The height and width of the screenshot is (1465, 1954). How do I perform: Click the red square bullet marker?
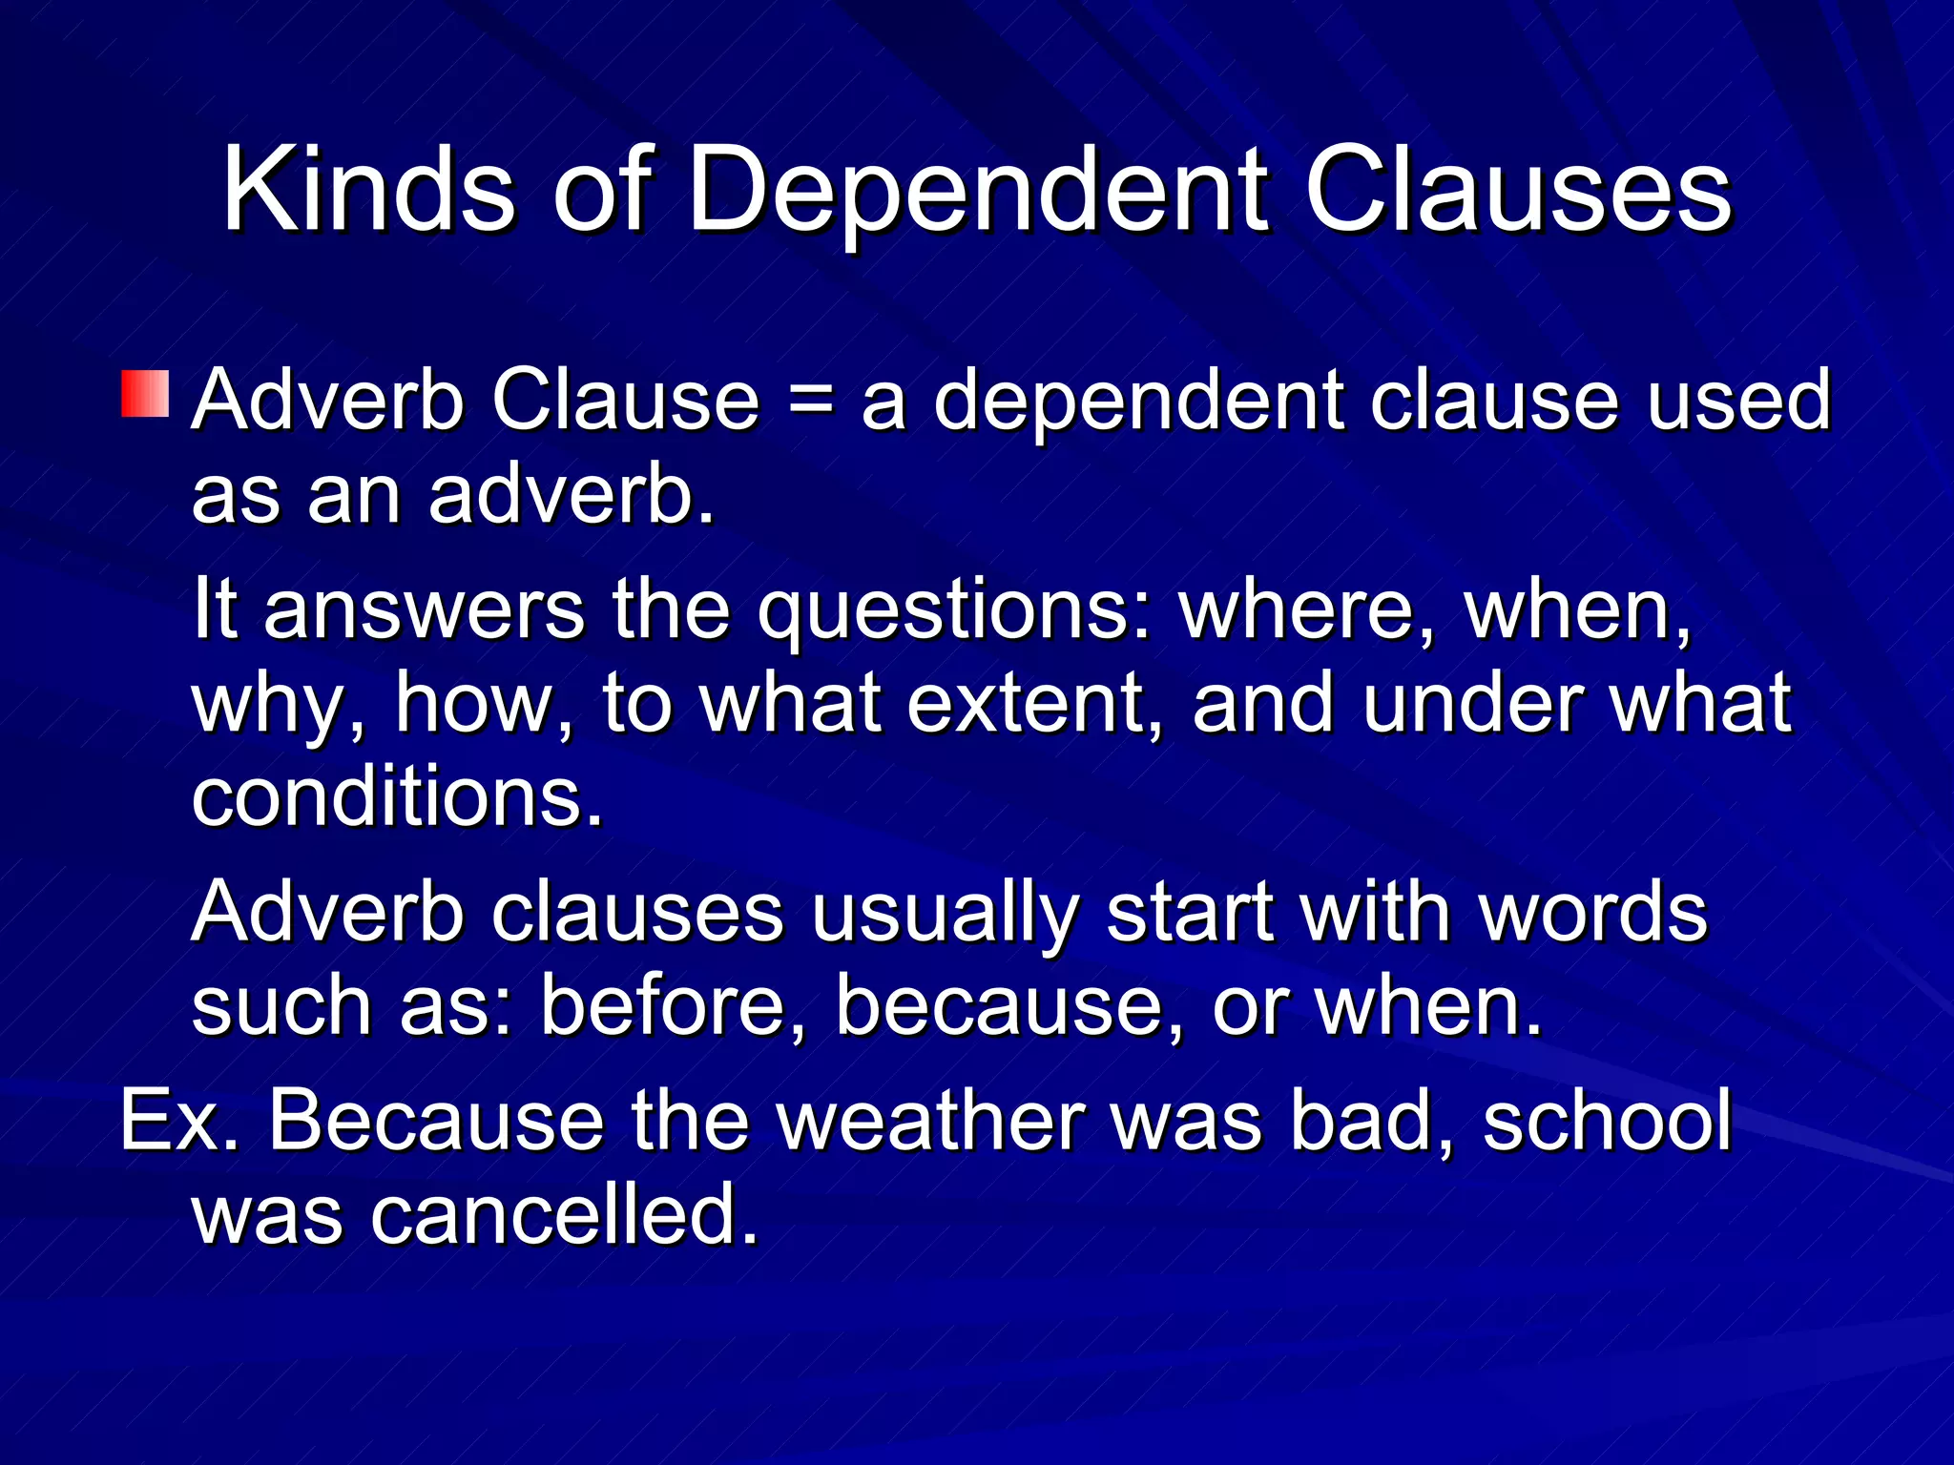pyautogui.click(x=145, y=395)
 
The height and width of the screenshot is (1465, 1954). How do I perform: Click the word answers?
pyautogui.click(x=424, y=610)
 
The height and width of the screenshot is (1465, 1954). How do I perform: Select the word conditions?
pyautogui.click(x=397, y=797)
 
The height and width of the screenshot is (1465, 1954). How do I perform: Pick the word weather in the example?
pyautogui.click(x=930, y=1122)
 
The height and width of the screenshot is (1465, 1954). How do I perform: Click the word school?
pyautogui.click(x=1607, y=1122)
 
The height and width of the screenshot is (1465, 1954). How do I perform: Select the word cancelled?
pyautogui.click(x=564, y=1215)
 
